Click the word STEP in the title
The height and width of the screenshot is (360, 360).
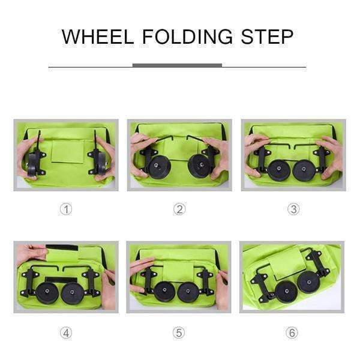(267, 37)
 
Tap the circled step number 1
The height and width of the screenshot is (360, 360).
(66, 209)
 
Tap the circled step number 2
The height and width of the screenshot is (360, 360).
(179, 209)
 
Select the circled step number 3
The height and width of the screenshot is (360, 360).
(293, 209)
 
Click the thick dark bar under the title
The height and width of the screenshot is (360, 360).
(177, 65)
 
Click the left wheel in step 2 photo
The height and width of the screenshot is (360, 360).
(160, 166)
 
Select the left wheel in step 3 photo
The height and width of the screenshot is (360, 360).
(279, 170)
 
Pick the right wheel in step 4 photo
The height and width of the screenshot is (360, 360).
(73, 293)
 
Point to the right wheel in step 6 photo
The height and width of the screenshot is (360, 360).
(308, 282)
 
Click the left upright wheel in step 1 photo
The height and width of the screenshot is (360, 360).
(35, 161)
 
